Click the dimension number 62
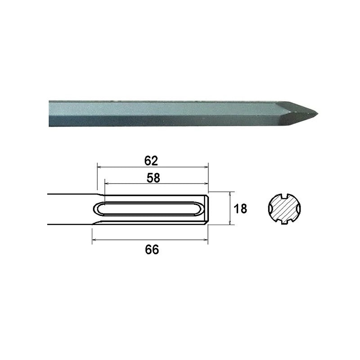click(151, 161)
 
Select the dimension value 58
click(153, 178)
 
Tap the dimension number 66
click(152, 250)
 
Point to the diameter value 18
click(240, 209)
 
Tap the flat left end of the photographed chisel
click(49, 113)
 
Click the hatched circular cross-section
click(284, 209)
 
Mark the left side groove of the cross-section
click(270, 209)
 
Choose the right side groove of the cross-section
click(299, 209)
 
